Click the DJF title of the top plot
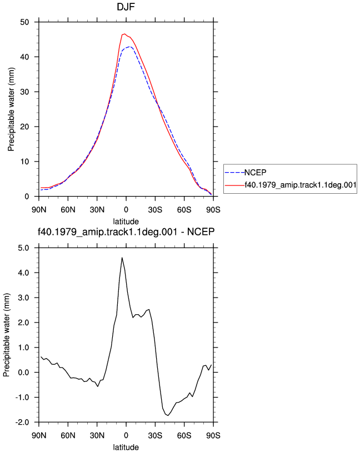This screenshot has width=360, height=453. [x=126, y=7]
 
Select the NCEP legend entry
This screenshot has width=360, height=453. [x=246, y=173]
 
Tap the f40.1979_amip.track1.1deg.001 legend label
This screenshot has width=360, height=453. [x=301, y=185]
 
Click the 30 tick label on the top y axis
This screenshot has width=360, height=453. [x=24, y=92]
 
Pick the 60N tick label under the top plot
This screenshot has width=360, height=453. [x=68, y=210]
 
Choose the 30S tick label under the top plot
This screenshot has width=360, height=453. [x=155, y=210]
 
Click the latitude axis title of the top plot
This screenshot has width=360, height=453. [x=126, y=222]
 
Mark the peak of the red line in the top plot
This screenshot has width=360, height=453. [x=124, y=34]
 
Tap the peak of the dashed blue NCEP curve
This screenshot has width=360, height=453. [x=129, y=47]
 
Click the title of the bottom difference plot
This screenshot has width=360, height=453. [x=126, y=231]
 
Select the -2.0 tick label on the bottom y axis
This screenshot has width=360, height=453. [x=22, y=422]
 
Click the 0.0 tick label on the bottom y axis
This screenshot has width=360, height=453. [x=23, y=373]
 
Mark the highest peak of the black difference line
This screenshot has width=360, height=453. [x=122, y=258]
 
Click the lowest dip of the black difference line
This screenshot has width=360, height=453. [x=168, y=415]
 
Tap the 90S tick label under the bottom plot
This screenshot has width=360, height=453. [x=213, y=435]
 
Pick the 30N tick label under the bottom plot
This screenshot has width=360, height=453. [x=97, y=435]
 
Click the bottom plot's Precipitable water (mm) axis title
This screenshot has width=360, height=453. [x=7, y=335]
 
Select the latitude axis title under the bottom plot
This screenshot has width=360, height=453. [x=126, y=447]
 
